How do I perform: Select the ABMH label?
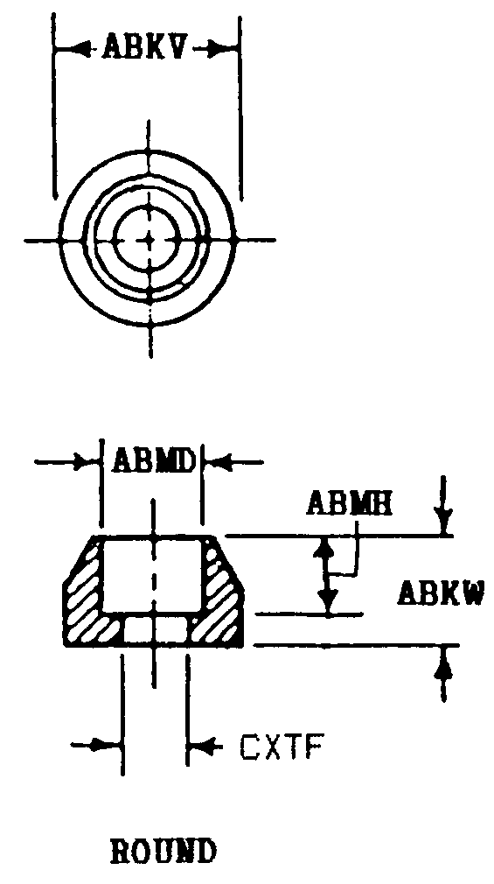tap(350, 503)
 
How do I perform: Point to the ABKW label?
tap(441, 593)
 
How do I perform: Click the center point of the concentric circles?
tap(150, 240)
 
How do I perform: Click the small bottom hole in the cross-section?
tap(156, 629)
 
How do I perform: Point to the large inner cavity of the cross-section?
tap(151, 576)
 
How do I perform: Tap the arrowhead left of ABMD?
tap(87, 462)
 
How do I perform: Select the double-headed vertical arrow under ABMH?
tap(325, 575)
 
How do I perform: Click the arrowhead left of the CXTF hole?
tap(110, 746)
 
